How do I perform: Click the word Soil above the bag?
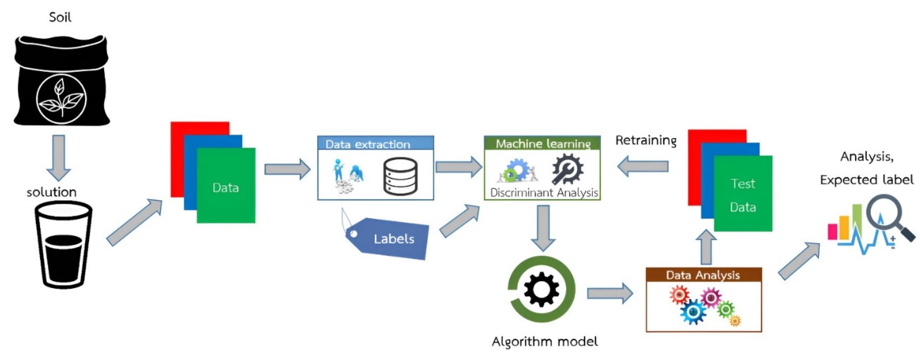coord(60,17)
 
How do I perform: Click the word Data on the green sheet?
coord(225,188)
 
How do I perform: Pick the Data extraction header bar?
coord(375,143)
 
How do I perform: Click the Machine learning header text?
coord(542,143)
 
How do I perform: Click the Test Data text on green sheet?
coord(743,196)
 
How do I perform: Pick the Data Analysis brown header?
coord(703,275)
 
